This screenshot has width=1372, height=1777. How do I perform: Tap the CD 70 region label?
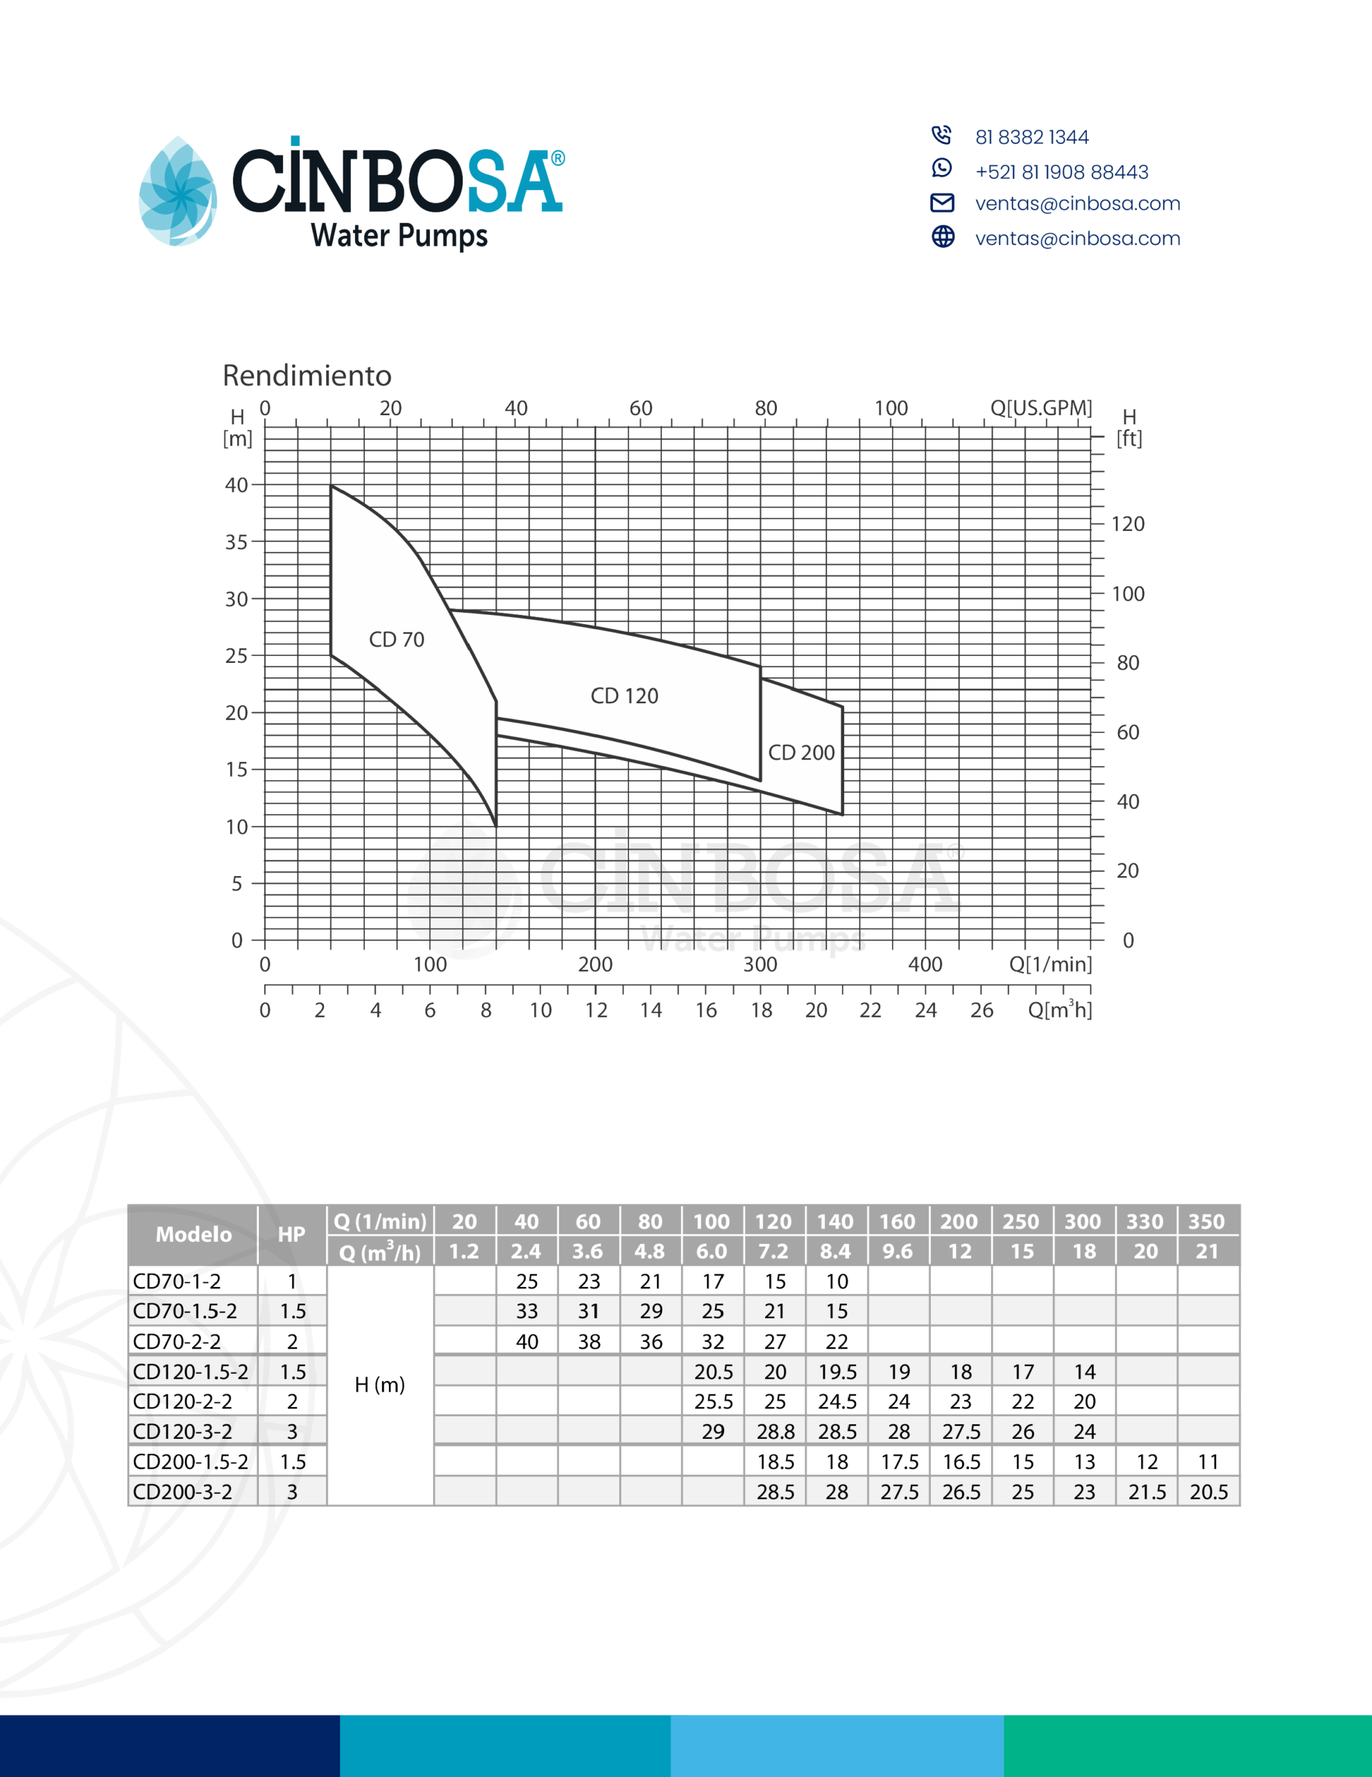click(397, 639)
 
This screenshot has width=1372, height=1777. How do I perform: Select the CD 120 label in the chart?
click(624, 696)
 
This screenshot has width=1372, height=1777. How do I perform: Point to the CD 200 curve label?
click(801, 752)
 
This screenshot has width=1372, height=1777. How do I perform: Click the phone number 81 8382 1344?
click(1032, 137)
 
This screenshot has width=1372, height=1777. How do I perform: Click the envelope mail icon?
click(942, 203)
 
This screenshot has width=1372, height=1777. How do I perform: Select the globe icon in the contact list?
click(943, 237)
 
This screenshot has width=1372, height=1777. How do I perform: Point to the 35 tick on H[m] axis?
click(236, 542)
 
